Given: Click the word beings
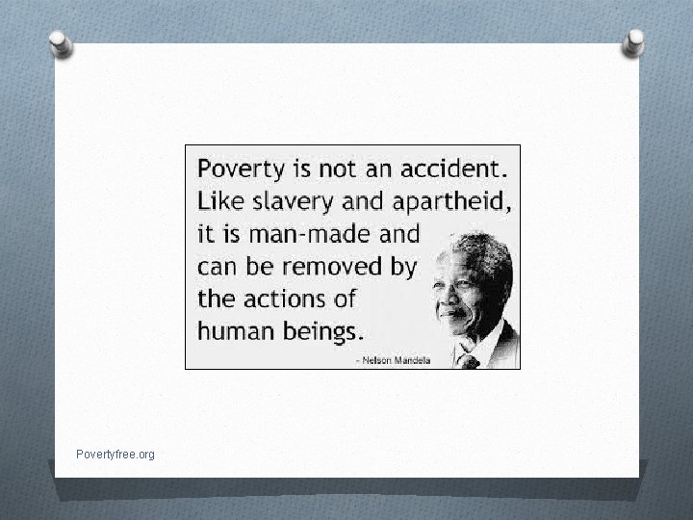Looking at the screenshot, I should pos(321,330).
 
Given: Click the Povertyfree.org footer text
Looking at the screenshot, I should pos(115,454).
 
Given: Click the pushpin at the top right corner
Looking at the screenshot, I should pos(634,41).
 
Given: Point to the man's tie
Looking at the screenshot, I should pos(469,362).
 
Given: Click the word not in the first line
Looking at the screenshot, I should pos(338,169).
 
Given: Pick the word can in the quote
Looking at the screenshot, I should pos(217,266).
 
